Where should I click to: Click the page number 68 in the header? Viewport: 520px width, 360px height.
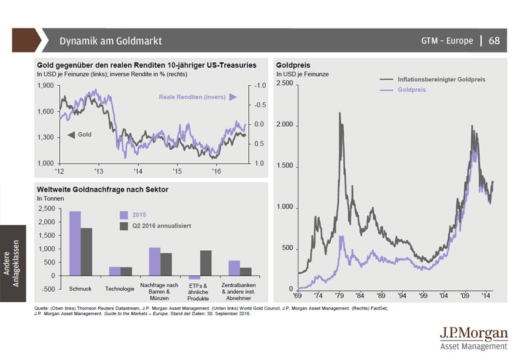click(494, 41)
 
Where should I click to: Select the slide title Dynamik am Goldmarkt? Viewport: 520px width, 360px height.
click(110, 41)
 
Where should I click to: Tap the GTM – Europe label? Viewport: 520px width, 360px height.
click(448, 41)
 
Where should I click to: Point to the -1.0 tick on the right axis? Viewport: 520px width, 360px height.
click(259, 86)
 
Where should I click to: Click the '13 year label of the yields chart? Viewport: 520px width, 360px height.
click(99, 171)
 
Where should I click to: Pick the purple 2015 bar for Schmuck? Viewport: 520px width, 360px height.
click(75, 243)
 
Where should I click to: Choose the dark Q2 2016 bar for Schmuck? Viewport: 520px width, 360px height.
click(86, 251)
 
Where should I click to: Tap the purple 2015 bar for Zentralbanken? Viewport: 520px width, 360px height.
click(234, 268)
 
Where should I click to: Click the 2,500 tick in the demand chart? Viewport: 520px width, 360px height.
click(46, 209)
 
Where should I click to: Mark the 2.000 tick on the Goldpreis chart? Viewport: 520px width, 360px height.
click(285, 125)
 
